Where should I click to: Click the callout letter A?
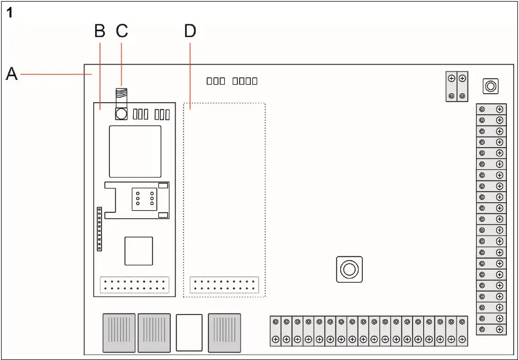(x=11, y=74)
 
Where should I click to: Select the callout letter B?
(x=99, y=31)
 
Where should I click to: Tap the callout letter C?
(x=122, y=31)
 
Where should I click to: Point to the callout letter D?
(x=189, y=31)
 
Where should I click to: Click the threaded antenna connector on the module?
(x=121, y=97)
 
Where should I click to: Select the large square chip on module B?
(x=135, y=151)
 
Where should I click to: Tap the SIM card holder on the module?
(x=136, y=200)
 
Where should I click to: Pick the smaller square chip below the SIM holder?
(x=139, y=250)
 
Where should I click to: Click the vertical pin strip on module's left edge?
(x=99, y=229)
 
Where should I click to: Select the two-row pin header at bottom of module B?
(x=134, y=284)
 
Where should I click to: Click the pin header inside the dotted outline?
(x=224, y=284)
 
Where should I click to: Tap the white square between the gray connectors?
(x=189, y=332)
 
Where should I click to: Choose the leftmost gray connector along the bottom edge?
(x=119, y=332)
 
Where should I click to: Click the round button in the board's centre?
(x=349, y=269)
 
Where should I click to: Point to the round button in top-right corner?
(x=490, y=86)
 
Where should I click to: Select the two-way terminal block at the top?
(x=457, y=87)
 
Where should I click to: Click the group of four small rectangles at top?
(x=245, y=81)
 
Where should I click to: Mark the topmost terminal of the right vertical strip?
(x=491, y=110)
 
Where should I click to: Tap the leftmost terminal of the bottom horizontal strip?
(x=275, y=331)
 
